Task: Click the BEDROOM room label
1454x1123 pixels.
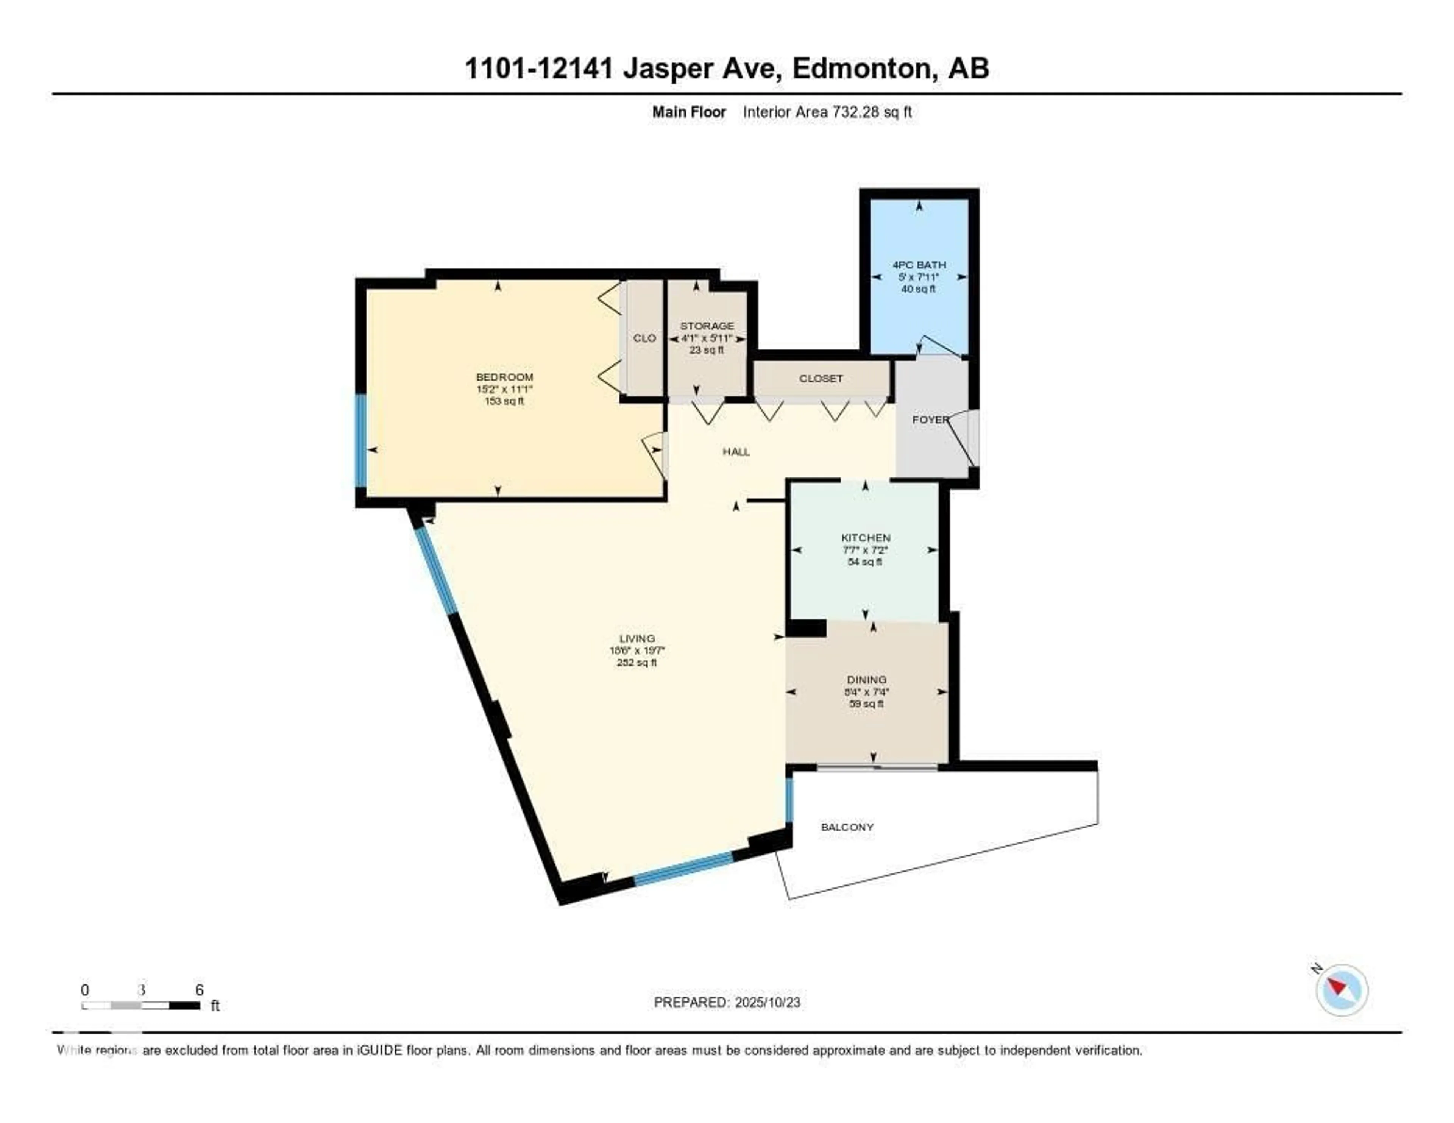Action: pos(504,377)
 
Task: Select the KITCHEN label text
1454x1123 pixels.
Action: pos(866,537)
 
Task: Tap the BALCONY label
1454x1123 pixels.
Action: pos(847,827)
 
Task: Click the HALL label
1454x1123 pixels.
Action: pos(736,451)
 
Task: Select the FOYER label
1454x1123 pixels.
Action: pos(930,420)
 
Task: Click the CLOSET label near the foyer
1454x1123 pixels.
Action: pos(821,378)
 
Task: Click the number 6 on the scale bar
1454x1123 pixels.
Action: pos(199,990)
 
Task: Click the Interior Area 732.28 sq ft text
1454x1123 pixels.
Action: pos(827,112)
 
